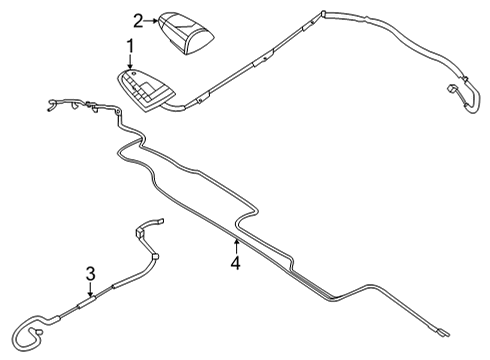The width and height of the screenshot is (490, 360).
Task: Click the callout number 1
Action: point(129,46)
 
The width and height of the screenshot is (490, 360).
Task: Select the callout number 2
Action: point(138,18)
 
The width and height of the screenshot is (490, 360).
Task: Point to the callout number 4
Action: point(234,263)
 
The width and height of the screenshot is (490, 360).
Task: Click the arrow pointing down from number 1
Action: point(129,63)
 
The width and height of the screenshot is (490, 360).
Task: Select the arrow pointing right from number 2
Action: point(152,18)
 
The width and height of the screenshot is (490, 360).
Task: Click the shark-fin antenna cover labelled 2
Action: point(185,30)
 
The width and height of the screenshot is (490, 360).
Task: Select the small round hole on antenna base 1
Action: point(128,78)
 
